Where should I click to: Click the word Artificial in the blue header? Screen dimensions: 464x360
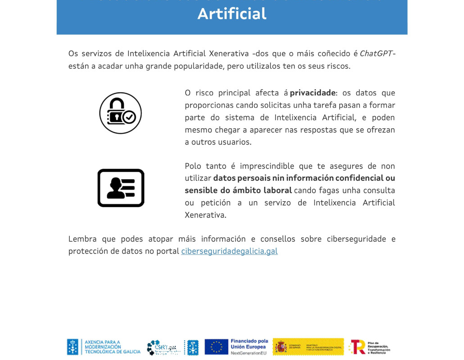[x=232, y=14]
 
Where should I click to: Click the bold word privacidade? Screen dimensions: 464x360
[x=313, y=93]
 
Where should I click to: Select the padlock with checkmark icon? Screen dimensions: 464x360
[x=120, y=113]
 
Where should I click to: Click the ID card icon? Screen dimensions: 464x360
[x=121, y=188]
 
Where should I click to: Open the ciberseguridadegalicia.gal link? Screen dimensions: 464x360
[x=229, y=251]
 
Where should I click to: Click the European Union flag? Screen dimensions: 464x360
[x=216, y=346]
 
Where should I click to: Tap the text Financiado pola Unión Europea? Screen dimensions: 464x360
[x=249, y=344]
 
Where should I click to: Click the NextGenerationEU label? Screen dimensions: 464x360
[x=248, y=353]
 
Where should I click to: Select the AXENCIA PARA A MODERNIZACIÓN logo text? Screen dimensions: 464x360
[x=112, y=346]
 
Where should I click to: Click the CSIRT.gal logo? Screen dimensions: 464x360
[x=164, y=347]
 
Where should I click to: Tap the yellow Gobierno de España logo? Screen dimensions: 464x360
[x=308, y=346]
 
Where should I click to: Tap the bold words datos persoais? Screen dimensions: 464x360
[x=241, y=178]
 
